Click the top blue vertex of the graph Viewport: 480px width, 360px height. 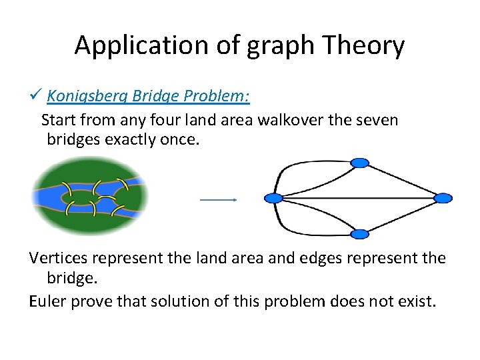coord(359,163)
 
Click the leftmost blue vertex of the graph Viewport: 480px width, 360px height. coord(273,198)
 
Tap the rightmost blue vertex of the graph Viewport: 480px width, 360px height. coord(443,198)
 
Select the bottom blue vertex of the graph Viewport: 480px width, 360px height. coord(359,234)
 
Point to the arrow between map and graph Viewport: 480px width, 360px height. coord(219,199)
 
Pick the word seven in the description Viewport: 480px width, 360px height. coord(375,121)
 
